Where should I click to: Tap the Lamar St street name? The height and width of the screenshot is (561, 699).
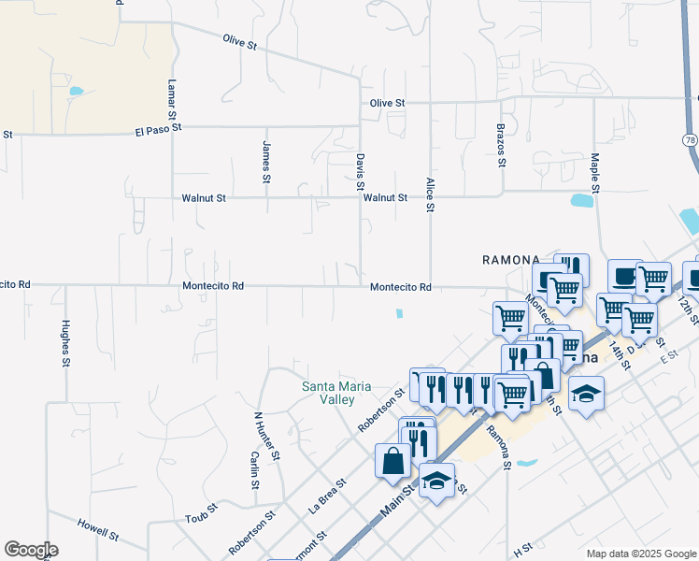(x=172, y=98)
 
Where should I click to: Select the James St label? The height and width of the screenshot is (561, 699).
(x=266, y=162)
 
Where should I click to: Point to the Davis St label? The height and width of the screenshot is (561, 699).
(x=360, y=172)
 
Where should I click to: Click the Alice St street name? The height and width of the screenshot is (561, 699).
(x=430, y=194)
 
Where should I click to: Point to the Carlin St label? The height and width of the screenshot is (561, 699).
(x=254, y=470)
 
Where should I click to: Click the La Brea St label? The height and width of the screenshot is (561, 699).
(x=328, y=496)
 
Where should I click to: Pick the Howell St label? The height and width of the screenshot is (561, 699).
(x=98, y=530)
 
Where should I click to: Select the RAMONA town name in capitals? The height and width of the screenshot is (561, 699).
(x=511, y=259)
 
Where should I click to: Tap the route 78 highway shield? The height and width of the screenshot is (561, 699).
(x=691, y=139)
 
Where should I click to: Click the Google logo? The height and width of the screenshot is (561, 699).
(x=31, y=550)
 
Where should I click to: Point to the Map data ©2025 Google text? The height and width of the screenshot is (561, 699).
(x=640, y=554)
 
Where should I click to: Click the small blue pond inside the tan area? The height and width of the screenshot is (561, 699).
(x=76, y=92)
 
